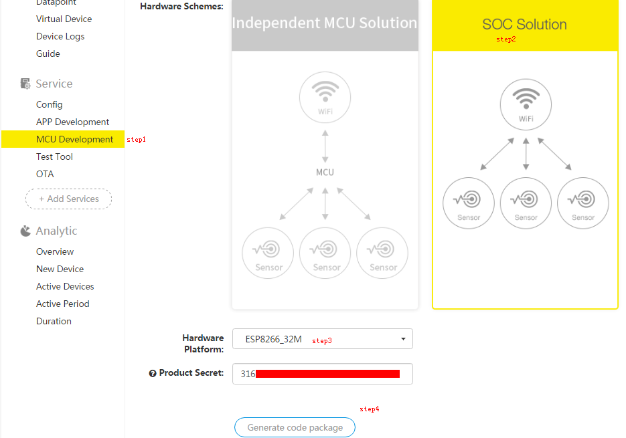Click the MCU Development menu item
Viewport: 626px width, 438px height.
[x=74, y=139]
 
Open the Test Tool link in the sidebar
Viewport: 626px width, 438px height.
[x=54, y=156]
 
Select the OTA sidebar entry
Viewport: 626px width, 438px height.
[x=45, y=174]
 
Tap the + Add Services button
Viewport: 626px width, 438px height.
[x=68, y=199]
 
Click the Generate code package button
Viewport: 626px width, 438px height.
[x=295, y=427]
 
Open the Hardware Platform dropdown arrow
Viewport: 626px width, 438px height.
[x=403, y=339]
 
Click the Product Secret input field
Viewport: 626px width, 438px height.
[x=322, y=374]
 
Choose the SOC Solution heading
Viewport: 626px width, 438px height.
[x=524, y=25]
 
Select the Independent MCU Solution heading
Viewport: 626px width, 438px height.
[x=325, y=23]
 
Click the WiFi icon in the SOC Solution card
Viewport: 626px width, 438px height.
[x=526, y=104]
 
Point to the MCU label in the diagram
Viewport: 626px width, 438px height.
[x=325, y=172]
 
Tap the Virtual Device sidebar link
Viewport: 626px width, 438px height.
[x=64, y=19]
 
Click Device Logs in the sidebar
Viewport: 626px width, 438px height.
[x=60, y=36]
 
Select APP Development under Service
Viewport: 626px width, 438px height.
[x=72, y=122]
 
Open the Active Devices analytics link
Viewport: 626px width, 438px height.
[x=65, y=286]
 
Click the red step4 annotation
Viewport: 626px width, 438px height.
[x=370, y=409]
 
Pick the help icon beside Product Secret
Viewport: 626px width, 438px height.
[x=153, y=373]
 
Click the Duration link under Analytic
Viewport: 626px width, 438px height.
[x=54, y=321]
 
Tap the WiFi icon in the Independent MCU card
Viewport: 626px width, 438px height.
[x=325, y=98]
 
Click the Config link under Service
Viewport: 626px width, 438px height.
[x=49, y=104]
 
